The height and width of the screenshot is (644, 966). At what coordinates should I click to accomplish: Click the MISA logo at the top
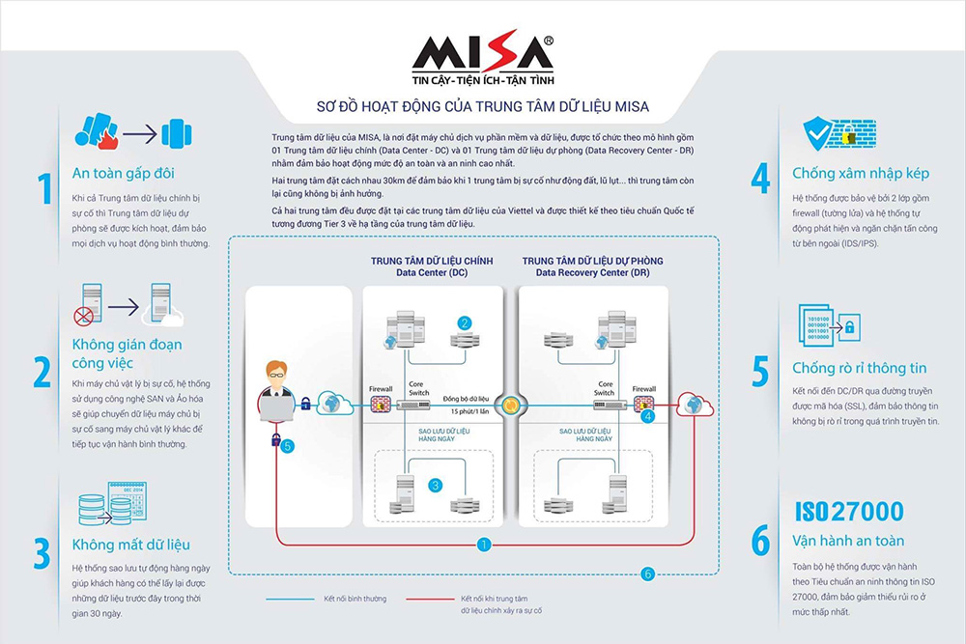483,60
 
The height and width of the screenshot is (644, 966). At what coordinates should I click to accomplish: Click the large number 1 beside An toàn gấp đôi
45,188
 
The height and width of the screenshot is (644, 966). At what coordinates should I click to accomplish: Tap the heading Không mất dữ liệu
131,545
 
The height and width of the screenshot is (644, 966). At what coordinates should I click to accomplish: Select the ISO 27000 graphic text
849,512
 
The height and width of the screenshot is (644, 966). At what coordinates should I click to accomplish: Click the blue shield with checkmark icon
817,133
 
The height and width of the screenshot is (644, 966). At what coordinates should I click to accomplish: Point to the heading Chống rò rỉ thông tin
860,368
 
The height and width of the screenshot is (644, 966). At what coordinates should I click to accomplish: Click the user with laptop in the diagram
275,392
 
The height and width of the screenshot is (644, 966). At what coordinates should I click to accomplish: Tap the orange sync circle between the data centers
510,406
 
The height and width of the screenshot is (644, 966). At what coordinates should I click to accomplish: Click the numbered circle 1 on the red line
484,545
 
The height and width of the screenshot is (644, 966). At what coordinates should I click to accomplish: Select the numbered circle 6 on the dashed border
647,574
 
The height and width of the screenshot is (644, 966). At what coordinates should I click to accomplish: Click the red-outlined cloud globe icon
695,405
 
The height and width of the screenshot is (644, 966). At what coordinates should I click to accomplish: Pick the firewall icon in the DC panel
381,405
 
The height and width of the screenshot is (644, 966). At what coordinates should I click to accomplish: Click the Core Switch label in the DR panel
605,388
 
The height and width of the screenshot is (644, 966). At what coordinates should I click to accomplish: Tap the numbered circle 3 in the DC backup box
435,485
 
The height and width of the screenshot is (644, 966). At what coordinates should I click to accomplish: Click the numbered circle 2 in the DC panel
465,322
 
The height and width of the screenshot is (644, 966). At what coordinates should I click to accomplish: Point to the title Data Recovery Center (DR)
593,272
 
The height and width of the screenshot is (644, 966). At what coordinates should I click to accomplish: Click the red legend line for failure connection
430,599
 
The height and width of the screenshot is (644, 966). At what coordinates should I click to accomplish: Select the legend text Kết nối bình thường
355,599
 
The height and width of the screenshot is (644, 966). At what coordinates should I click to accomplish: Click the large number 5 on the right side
761,372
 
